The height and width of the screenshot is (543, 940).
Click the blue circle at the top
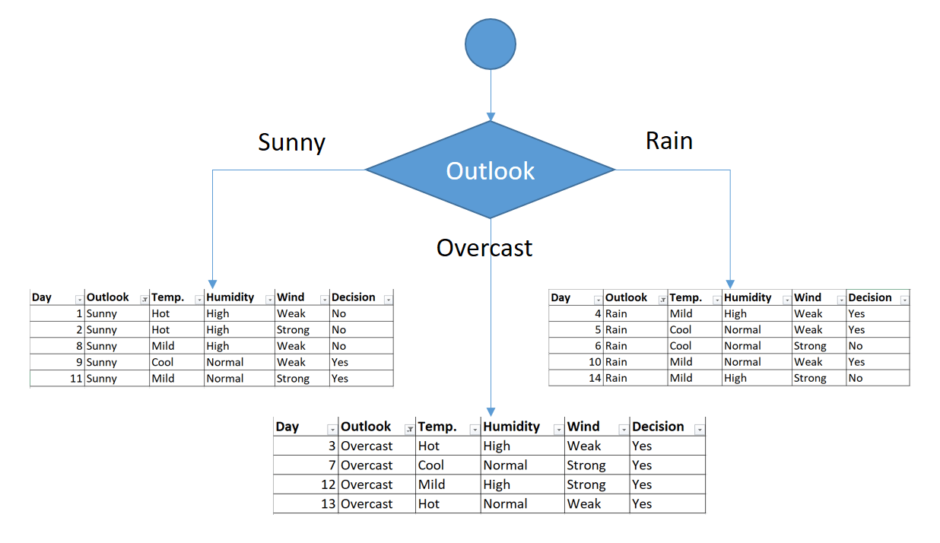(491, 43)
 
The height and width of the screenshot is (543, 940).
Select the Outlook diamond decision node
(491, 170)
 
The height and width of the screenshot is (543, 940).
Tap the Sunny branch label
(291, 142)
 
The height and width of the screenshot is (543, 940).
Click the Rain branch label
(668, 141)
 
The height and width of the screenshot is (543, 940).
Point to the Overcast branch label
(484, 247)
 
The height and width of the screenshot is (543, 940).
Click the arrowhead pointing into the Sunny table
(212, 283)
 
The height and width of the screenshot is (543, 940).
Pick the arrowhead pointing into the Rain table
(730, 283)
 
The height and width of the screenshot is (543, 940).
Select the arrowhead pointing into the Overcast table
(491, 411)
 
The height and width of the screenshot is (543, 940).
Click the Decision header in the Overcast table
(659, 427)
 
